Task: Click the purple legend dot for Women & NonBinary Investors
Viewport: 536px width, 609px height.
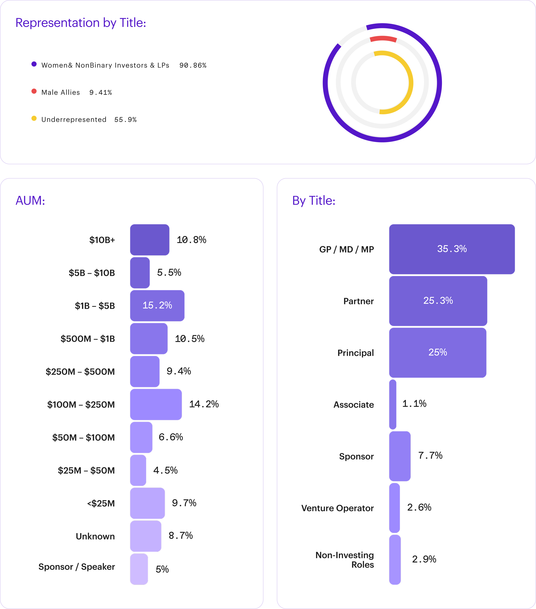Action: pyautogui.click(x=34, y=64)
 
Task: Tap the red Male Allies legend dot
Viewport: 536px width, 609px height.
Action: pyautogui.click(x=34, y=91)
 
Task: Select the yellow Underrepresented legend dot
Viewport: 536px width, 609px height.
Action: pyautogui.click(x=34, y=118)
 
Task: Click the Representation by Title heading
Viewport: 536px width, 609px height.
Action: pyautogui.click(x=81, y=23)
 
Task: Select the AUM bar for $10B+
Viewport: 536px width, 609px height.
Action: pyautogui.click(x=150, y=240)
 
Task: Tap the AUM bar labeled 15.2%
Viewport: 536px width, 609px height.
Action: pyautogui.click(x=157, y=305)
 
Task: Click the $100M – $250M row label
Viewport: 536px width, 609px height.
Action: pyautogui.click(x=81, y=404)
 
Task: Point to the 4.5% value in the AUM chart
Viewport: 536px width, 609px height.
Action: pyautogui.click(x=166, y=470)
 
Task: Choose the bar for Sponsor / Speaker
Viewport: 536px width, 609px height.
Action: pyautogui.click(x=139, y=569)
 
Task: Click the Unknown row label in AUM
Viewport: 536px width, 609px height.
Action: pyautogui.click(x=95, y=536)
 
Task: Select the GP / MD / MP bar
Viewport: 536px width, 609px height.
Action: pyautogui.click(x=452, y=249)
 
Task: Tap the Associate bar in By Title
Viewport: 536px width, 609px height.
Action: pyautogui.click(x=393, y=404)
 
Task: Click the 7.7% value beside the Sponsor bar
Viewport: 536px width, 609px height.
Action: pyautogui.click(x=430, y=455)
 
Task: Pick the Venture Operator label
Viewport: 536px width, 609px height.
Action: pyautogui.click(x=338, y=508)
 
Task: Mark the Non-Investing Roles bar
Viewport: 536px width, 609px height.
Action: pyautogui.click(x=395, y=559)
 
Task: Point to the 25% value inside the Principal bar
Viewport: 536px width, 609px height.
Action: pyautogui.click(x=438, y=352)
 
